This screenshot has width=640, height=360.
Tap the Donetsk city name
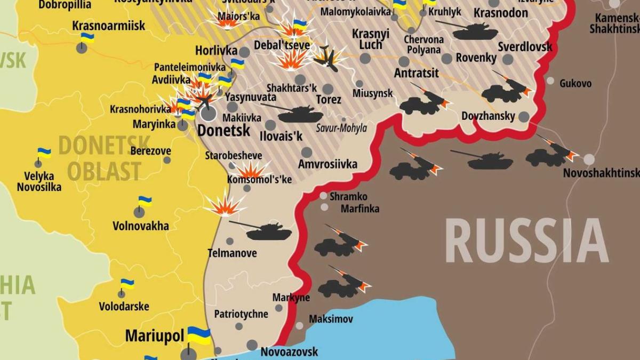pyautogui.click(x=223, y=130)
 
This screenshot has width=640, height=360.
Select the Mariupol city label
pyautogui.click(x=154, y=336)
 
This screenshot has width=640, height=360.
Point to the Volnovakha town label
pyautogui.click(x=141, y=226)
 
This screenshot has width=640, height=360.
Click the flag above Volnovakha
pyautogui.click(x=145, y=202)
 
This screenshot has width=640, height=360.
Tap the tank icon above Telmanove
pyautogui.click(x=267, y=231)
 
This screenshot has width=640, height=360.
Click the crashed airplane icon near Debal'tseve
pyautogui.click(x=326, y=59)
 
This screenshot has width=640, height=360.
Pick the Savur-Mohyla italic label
pyautogui.click(x=341, y=129)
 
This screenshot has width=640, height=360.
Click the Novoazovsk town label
pyautogui.click(x=289, y=351)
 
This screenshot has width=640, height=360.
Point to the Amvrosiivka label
pyautogui.click(x=327, y=164)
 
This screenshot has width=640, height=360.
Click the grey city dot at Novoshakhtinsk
pyautogui.click(x=589, y=159)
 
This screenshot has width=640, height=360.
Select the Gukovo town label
pyautogui.click(x=575, y=83)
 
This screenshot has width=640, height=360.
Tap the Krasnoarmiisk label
pyautogui.click(x=101, y=25)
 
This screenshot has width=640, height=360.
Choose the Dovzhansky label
pyautogui.click(x=488, y=116)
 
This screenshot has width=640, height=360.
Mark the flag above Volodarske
pyautogui.click(x=127, y=284)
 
